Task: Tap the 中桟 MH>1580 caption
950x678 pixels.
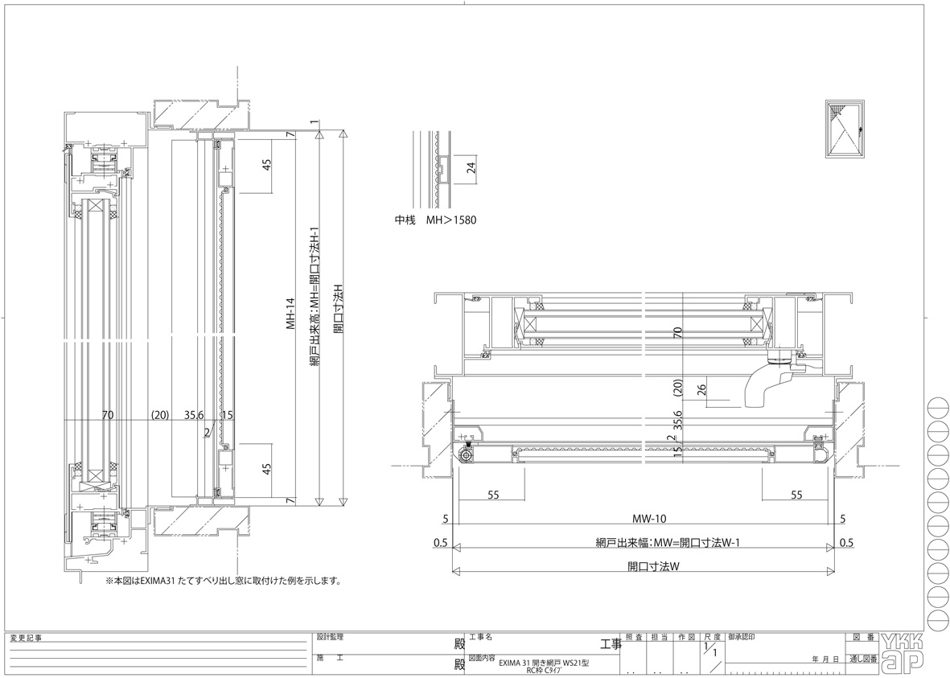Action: (435, 220)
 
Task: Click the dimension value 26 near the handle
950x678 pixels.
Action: (701, 391)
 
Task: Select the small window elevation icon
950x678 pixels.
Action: (845, 130)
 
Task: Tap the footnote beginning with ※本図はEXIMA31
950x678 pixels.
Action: (224, 580)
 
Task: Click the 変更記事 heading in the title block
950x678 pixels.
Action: (26, 638)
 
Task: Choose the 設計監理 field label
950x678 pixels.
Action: (330, 636)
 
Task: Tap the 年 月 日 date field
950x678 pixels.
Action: (826, 660)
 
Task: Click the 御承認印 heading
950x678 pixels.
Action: (741, 637)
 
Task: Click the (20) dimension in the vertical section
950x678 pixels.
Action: (160, 415)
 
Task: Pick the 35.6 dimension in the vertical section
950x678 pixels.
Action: (194, 415)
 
